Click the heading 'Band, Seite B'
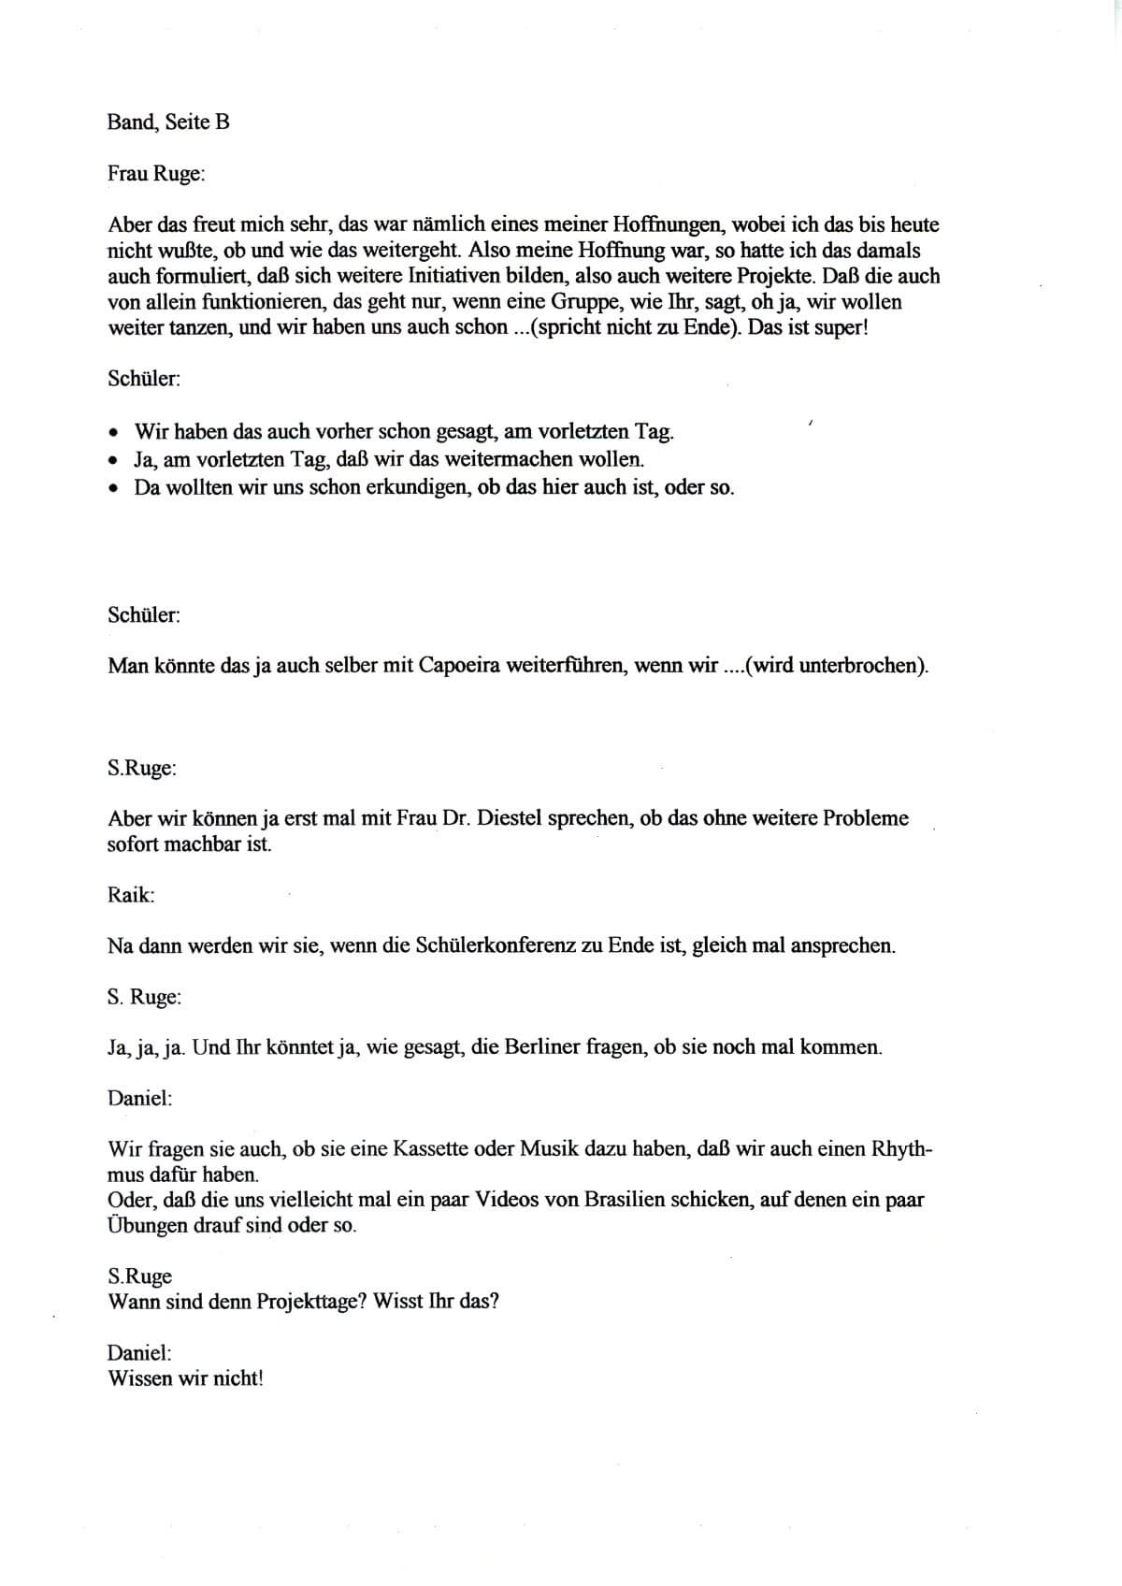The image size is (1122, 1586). [168, 123]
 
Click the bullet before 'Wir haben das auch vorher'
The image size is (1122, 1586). [113, 433]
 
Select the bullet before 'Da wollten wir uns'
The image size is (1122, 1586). [113, 488]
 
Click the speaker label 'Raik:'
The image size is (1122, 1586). [131, 895]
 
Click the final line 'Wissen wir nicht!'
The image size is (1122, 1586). [186, 1377]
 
